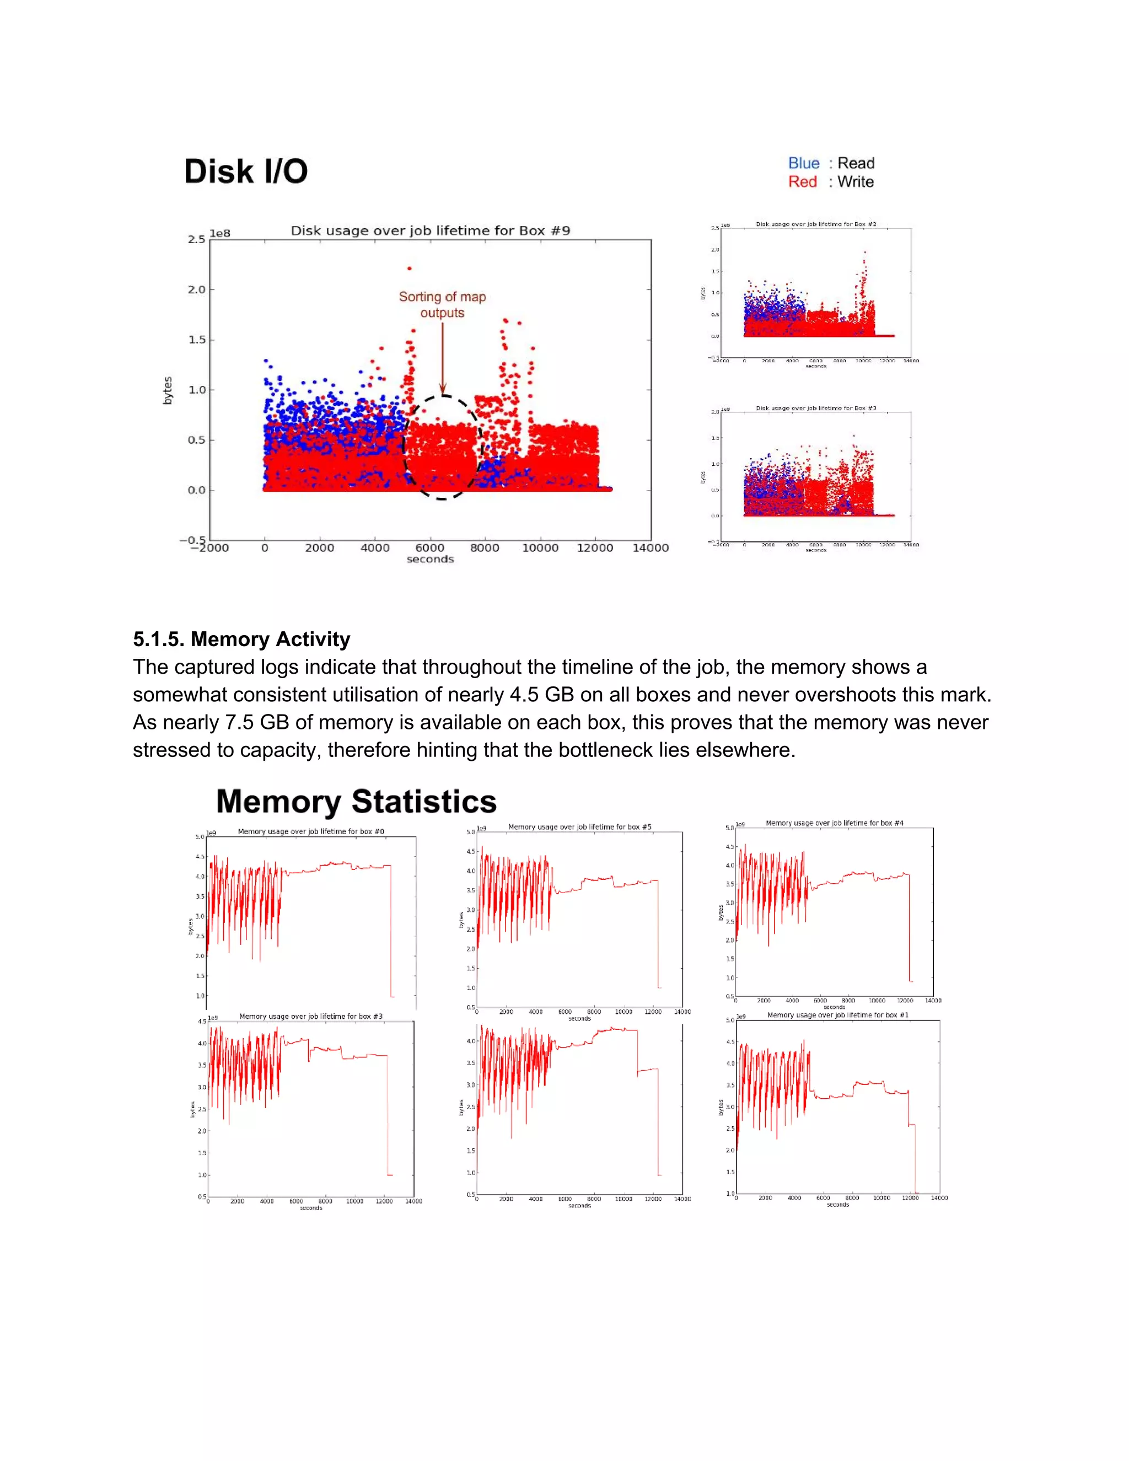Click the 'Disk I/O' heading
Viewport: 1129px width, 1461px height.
pyautogui.click(x=245, y=171)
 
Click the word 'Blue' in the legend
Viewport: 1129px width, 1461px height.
pyautogui.click(x=803, y=163)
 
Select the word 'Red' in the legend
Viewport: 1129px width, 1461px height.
pyautogui.click(x=802, y=182)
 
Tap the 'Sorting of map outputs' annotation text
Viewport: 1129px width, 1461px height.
pyautogui.click(x=442, y=304)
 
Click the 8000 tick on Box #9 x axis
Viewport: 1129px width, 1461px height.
pyautogui.click(x=484, y=548)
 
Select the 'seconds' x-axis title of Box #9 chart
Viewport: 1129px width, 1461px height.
pyautogui.click(x=430, y=559)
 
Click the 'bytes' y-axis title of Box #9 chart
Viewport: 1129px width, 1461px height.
pyautogui.click(x=168, y=390)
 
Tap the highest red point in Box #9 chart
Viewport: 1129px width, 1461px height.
pyautogui.click(x=408, y=268)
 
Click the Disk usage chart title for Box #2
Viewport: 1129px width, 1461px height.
pyautogui.click(x=815, y=224)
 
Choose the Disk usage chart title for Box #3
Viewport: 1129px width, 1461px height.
pyautogui.click(x=815, y=408)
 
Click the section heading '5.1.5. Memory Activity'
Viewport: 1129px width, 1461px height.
pyautogui.click(x=241, y=639)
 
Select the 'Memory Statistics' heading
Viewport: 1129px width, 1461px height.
pyautogui.click(x=357, y=802)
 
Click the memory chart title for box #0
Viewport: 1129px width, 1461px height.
pyautogui.click(x=311, y=831)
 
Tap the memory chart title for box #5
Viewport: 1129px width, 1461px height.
pyautogui.click(x=579, y=827)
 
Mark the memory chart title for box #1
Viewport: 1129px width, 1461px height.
pyautogui.click(x=837, y=1015)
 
